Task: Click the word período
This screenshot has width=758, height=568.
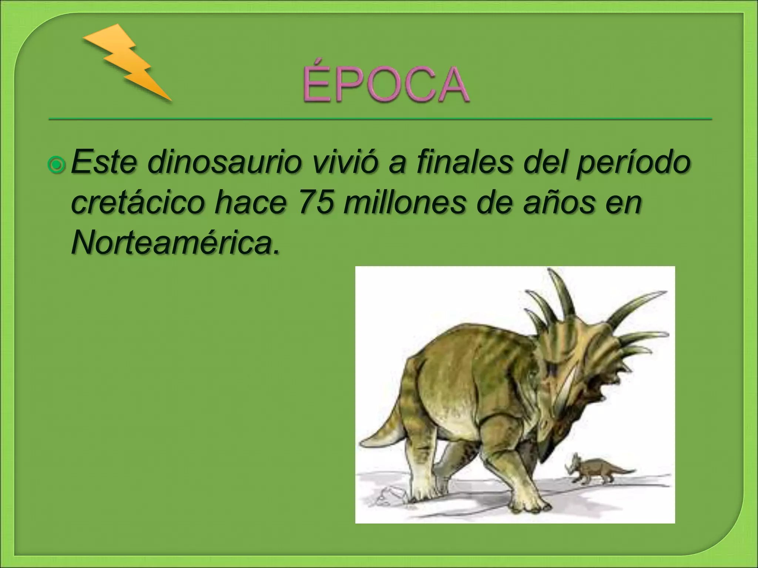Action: pos(633,163)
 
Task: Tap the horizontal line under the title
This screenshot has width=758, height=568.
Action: pos(380,119)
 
